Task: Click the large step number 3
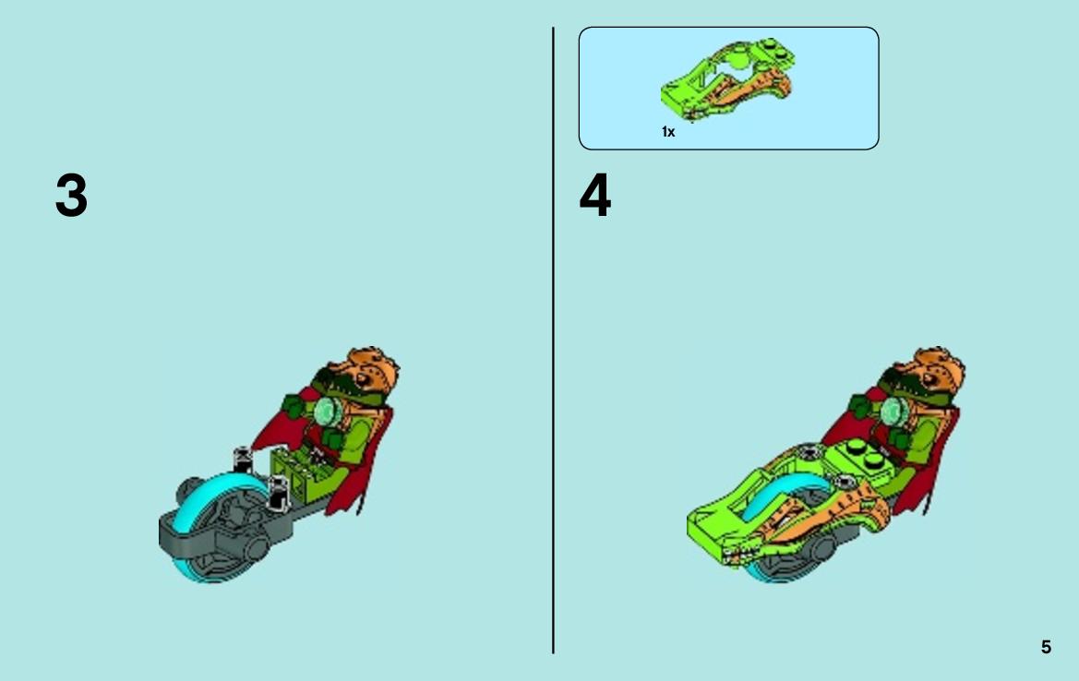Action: point(72,196)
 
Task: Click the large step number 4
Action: point(595,196)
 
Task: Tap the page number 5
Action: point(1046,647)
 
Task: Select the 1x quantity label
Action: point(668,131)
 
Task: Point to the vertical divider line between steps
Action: point(553,340)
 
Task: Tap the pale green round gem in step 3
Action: point(328,412)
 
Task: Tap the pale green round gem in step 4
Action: point(893,412)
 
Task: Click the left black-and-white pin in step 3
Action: point(242,460)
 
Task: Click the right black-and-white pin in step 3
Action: point(277,493)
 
